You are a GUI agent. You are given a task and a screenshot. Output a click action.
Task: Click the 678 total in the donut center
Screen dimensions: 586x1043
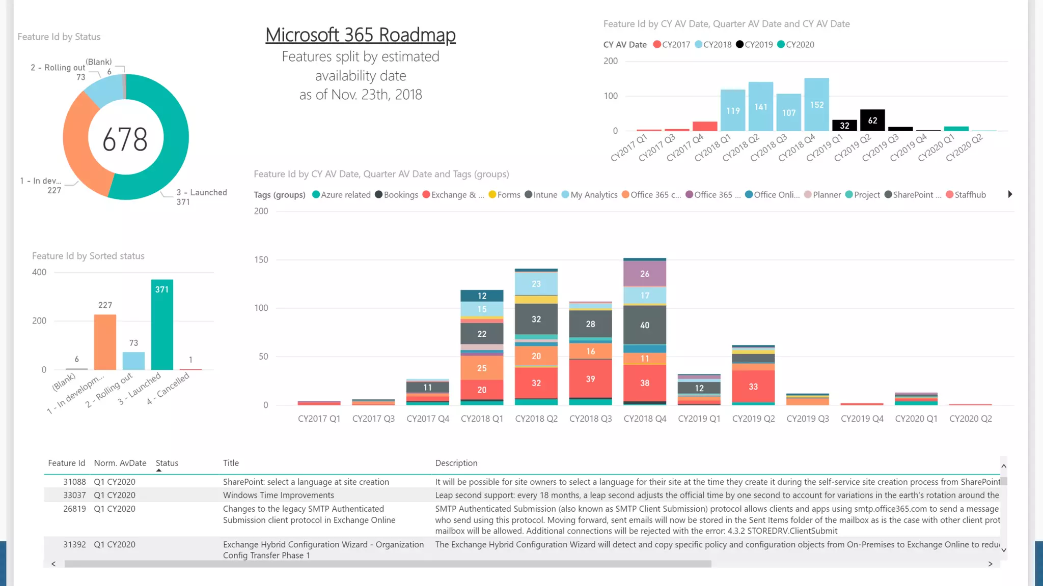pos(125,139)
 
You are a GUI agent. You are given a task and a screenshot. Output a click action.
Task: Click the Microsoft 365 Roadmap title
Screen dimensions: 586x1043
pos(360,35)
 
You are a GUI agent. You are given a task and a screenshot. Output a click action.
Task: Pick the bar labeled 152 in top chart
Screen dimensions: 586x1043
pos(816,104)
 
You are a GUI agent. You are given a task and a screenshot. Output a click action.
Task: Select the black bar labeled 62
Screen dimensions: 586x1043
pos(872,121)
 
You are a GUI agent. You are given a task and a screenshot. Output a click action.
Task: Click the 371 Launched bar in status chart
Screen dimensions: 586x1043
pos(162,326)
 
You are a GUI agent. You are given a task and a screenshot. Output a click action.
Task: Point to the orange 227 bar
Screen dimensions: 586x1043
pos(105,342)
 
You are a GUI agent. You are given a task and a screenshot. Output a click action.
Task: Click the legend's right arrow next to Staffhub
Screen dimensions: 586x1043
pos(1010,194)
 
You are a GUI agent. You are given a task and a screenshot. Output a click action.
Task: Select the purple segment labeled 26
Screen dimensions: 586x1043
pos(645,274)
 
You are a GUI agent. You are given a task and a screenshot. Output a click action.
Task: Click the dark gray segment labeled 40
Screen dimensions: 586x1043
pos(645,325)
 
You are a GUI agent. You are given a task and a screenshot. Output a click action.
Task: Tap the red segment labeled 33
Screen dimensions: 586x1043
pos(753,387)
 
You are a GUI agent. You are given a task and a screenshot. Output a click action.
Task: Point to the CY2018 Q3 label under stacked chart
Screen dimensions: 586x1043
pos(590,419)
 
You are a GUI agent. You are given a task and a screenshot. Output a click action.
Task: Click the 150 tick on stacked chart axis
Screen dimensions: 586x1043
pos(261,259)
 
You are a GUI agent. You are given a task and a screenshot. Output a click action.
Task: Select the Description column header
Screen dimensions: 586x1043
pos(456,463)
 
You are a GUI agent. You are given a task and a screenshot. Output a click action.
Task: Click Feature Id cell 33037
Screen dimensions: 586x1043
pos(74,495)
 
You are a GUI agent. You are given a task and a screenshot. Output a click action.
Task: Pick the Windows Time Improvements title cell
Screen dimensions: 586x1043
pos(279,495)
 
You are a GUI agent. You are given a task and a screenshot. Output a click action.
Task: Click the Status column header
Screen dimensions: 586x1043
pos(167,463)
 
